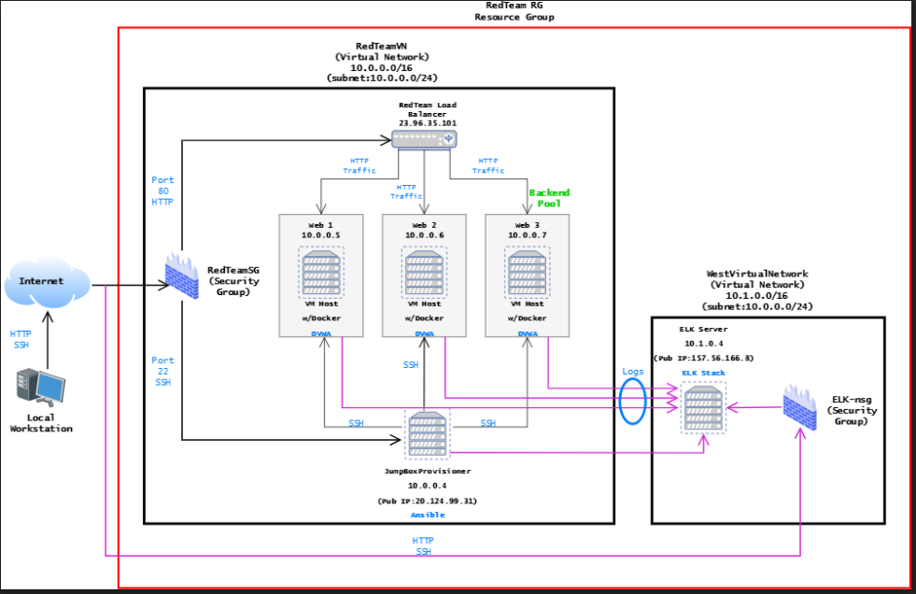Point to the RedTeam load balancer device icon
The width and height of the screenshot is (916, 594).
424,139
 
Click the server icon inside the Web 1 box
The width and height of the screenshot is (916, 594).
321,271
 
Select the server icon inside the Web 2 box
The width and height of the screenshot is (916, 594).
424,271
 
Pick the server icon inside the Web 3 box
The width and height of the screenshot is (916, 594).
528,271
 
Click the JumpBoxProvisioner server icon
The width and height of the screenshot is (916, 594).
426,436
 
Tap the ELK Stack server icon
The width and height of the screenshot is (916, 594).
702,408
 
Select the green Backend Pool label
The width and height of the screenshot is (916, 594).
549,198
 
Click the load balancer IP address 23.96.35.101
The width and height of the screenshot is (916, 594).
427,122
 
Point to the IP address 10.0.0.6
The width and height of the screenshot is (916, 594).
425,235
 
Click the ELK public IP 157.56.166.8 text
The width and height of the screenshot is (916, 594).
716,357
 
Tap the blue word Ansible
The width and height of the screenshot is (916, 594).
427,515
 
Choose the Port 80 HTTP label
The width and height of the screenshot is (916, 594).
162,191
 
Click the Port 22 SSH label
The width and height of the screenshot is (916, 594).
162,371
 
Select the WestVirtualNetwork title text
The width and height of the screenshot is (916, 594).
756,274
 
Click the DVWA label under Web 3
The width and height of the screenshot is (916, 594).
528,332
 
